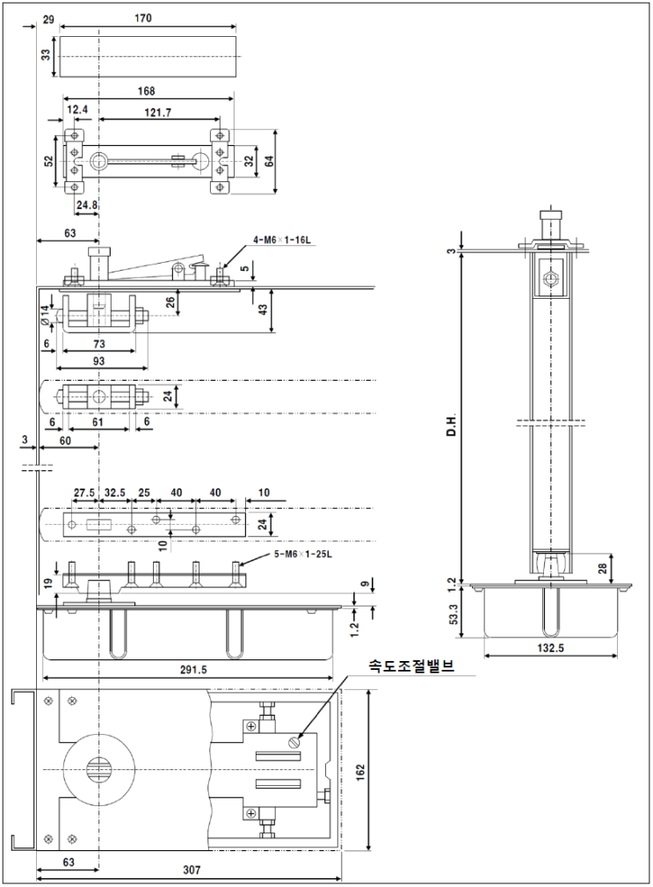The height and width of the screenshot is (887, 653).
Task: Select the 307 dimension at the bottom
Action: (192, 870)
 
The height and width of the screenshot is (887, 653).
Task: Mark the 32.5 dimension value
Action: (114, 492)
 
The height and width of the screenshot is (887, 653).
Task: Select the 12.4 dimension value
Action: (77, 109)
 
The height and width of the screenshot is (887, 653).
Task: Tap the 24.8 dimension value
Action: (87, 206)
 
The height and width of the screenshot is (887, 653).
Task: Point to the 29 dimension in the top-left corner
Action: (47, 18)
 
